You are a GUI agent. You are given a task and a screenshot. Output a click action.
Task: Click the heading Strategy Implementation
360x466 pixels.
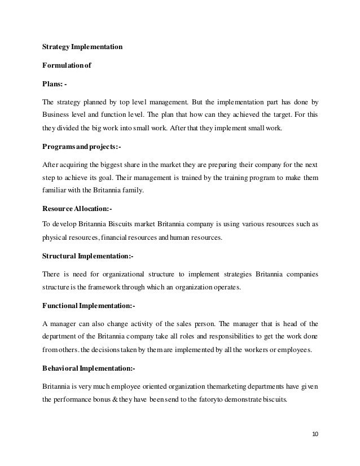[82, 47]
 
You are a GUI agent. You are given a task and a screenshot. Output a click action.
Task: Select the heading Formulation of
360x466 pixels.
[67, 65]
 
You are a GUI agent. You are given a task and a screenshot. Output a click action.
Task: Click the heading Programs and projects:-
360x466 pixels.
[81, 147]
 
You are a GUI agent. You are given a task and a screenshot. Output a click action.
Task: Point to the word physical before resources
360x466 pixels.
[55, 238]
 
